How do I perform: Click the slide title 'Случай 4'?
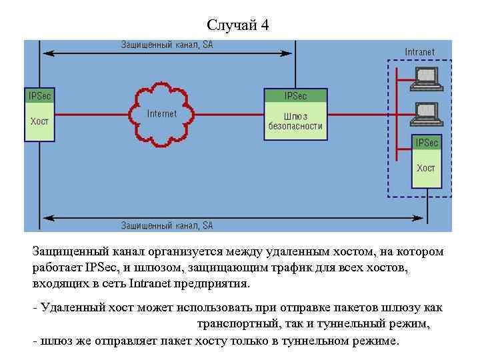238,25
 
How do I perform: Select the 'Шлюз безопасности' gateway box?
295,121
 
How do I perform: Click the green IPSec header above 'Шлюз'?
295,95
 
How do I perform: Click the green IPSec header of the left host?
39,95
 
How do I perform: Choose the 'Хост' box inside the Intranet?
426,169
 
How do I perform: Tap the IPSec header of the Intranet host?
426,143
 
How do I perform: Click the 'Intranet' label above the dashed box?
419,52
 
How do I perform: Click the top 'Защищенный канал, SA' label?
167,45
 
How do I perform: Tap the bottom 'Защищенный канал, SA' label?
167,226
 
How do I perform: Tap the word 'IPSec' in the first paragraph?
102,267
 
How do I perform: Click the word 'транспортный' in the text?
233,325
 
